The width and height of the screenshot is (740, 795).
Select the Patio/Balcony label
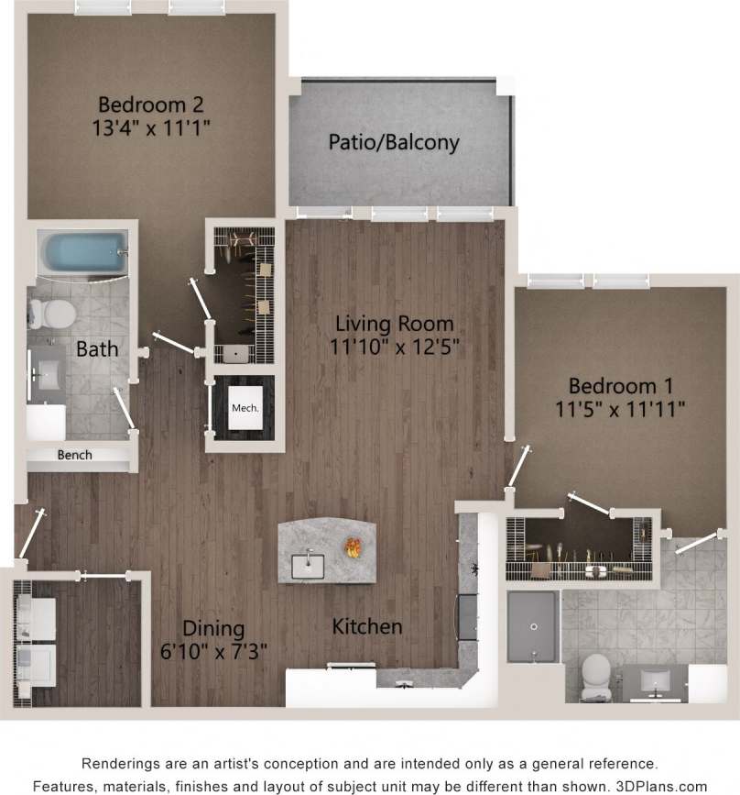coord(394,143)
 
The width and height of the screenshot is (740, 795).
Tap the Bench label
coord(75,455)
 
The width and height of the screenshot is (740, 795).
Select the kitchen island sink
coord(309,565)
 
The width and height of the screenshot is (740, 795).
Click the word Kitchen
coord(367,627)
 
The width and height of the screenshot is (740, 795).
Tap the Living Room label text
coord(395,323)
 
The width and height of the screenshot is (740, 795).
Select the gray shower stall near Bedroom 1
coord(530,625)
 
